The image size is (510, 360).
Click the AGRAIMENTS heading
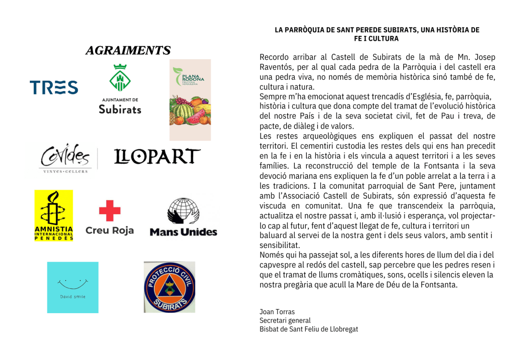coord(127,50)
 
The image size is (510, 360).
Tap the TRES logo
coord(54,88)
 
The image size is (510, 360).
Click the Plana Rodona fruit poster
coord(190,100)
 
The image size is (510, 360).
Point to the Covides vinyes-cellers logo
coord(65,158)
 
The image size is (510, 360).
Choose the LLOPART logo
coord(157,157)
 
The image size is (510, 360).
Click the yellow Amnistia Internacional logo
coord(53,215)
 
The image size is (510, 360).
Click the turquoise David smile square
coord(73,287)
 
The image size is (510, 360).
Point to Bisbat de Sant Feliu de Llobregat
coord(309,329)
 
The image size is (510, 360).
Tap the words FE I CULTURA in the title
coord(377,38)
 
